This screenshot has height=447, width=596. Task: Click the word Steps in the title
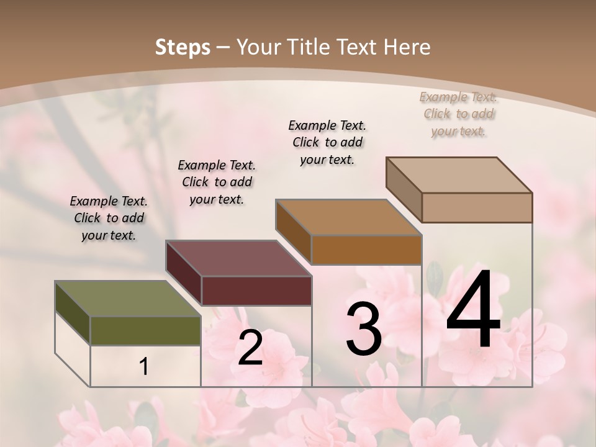[x=183, y=47]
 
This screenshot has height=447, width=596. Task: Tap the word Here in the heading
[x=407, y=47]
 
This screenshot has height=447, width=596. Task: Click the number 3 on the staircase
[x=364, y=329]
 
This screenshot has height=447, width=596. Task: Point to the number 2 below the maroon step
[x=250, y=348]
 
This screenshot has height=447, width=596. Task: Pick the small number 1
[x=144, y=367]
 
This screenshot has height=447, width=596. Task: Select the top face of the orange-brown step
[x=348, y=218]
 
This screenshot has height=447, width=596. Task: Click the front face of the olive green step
[x=145, y=330]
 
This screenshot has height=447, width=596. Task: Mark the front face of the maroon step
[x=256, y=291]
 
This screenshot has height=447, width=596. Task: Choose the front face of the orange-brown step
[x=366, y=250]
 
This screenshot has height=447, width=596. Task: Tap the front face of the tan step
[x=477, y=207]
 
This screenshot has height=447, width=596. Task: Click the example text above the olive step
[x=109, y=218]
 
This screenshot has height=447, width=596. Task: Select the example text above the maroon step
[x=217, y=182]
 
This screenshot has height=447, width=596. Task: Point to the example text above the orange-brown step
[x=327, y=142]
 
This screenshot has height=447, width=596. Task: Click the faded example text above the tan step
[x=459, y=114]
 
